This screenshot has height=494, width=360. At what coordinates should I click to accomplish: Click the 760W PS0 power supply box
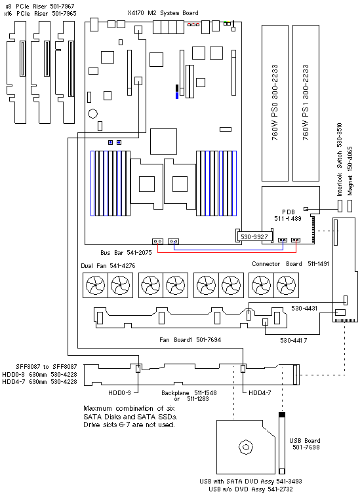275,103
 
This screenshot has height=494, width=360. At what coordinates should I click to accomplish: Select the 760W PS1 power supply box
306,103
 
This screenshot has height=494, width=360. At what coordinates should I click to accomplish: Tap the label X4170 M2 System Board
163,13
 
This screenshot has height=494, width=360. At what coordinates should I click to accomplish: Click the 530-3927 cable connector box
254,237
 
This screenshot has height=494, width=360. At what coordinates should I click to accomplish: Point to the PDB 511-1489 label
288,215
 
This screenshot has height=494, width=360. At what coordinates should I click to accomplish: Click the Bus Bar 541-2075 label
126,253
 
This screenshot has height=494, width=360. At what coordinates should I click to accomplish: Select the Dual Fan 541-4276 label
108,266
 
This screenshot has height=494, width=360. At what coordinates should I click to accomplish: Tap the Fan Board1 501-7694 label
190,340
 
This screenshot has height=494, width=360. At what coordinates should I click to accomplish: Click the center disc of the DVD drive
246,447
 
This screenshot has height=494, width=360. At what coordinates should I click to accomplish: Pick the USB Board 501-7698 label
305,444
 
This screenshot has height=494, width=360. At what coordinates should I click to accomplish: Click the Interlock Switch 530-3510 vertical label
339,159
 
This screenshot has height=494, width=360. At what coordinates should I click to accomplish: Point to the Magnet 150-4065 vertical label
350,171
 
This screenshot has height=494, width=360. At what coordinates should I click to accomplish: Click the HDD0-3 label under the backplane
119,393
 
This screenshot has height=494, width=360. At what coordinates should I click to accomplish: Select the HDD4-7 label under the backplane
260,393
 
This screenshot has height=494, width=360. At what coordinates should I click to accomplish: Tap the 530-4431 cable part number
304,308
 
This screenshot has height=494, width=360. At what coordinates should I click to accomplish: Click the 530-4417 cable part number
294,340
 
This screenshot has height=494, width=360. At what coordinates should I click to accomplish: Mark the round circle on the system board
92,114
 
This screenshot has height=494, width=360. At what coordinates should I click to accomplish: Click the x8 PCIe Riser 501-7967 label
40,6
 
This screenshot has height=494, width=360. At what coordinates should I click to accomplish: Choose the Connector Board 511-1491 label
290,263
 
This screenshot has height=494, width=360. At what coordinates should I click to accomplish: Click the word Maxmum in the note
98,409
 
